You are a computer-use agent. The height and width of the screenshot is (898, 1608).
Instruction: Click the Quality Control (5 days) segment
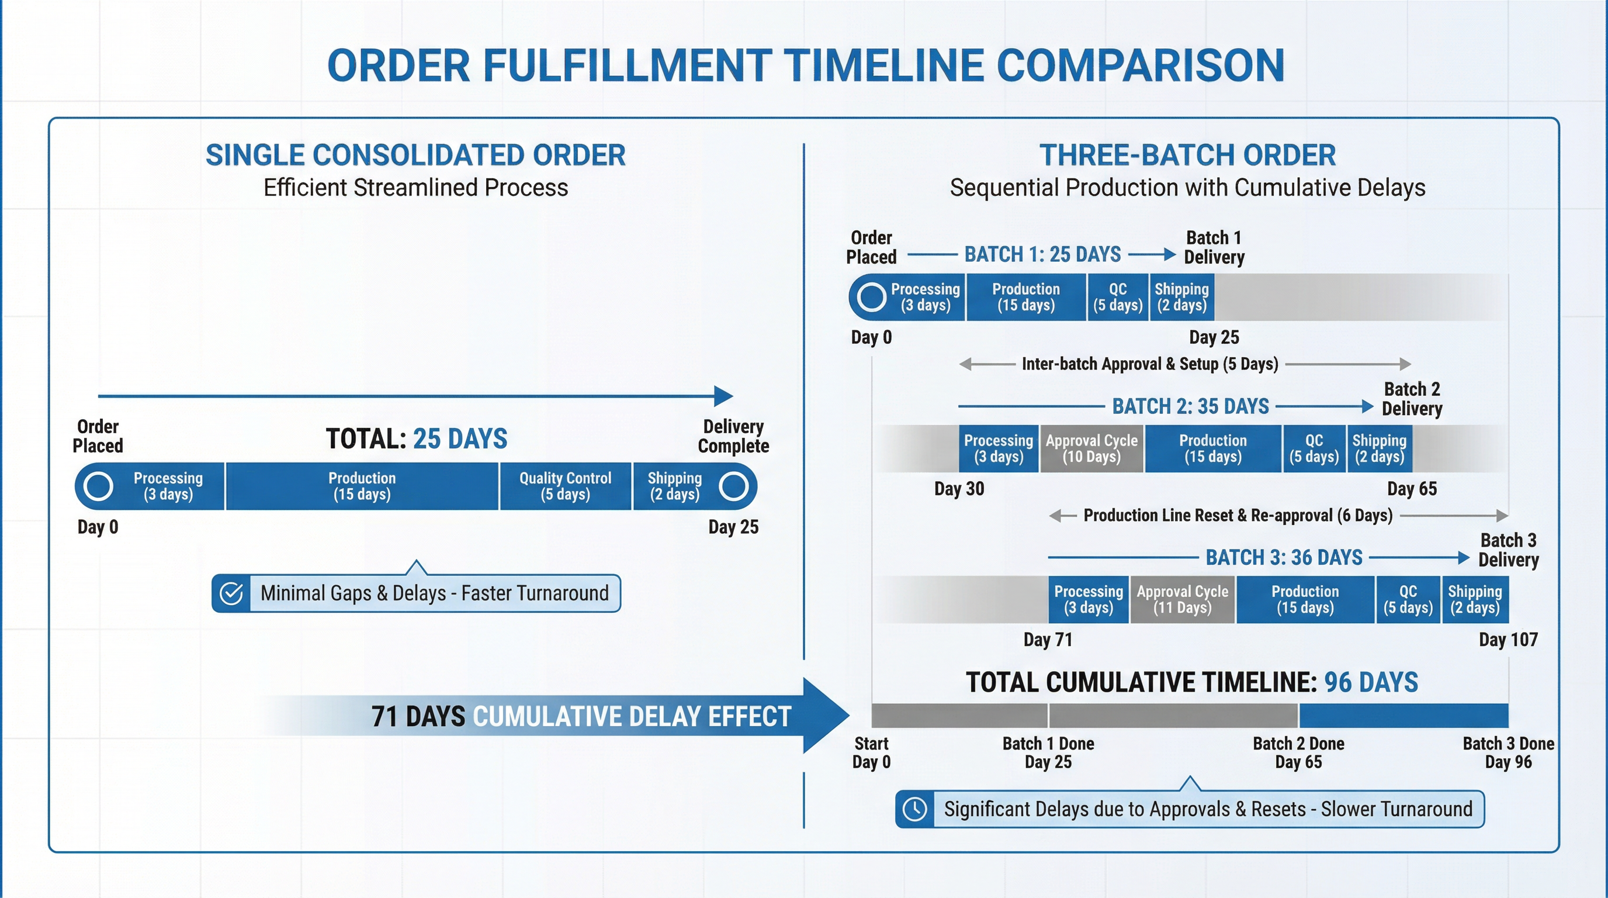coord(565,486)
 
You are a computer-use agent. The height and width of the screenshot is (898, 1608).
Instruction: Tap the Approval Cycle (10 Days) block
coord(1091,448)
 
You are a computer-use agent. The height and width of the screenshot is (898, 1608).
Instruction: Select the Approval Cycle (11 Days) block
coord(1181,599)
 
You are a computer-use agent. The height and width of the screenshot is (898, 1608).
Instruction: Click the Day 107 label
coord(1507,640)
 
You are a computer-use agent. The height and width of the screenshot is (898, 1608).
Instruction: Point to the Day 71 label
coord(1048,640)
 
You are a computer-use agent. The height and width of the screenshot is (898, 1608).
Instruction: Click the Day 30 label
coord(959,488)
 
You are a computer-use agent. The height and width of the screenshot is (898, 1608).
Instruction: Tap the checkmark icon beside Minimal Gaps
coord(231,593)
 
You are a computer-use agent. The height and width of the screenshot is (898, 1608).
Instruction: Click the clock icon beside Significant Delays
coord(915,809)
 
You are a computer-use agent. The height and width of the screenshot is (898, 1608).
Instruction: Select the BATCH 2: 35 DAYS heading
coord(1190,406)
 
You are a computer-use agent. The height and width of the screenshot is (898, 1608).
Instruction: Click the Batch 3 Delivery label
coord(1508,550)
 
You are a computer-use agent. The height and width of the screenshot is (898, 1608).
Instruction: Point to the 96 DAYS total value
coord(1371,682)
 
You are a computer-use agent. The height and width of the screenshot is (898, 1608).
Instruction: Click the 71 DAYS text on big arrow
coord(418,716)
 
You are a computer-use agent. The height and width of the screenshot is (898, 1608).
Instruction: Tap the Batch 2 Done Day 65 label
coord(1298,752)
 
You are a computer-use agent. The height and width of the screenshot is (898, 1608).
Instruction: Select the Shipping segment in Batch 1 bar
coord(1181,297)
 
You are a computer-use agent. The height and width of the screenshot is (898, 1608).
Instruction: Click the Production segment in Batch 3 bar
coord(1305,599)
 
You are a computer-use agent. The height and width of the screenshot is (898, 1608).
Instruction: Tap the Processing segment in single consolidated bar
coord(167,486)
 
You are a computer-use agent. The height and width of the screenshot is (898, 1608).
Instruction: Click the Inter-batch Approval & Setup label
coord(1149,364)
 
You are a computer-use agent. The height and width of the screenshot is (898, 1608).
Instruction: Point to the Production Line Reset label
coord(1237,515)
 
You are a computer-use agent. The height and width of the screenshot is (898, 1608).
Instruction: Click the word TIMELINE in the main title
coord(883,65)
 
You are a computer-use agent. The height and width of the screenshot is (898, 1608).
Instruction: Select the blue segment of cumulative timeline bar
coord(1403,715)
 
